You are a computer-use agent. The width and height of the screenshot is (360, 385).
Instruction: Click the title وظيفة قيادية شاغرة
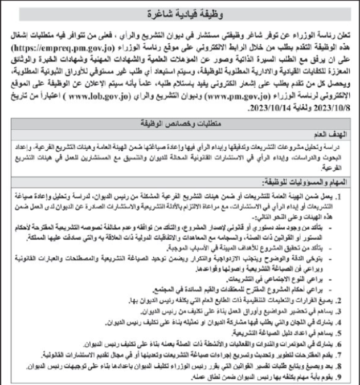[x=180, y=13]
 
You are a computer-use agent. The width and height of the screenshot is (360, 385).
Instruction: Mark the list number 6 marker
[x=349, y=343]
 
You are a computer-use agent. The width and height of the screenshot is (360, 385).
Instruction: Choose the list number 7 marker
[x=349, y=353]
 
